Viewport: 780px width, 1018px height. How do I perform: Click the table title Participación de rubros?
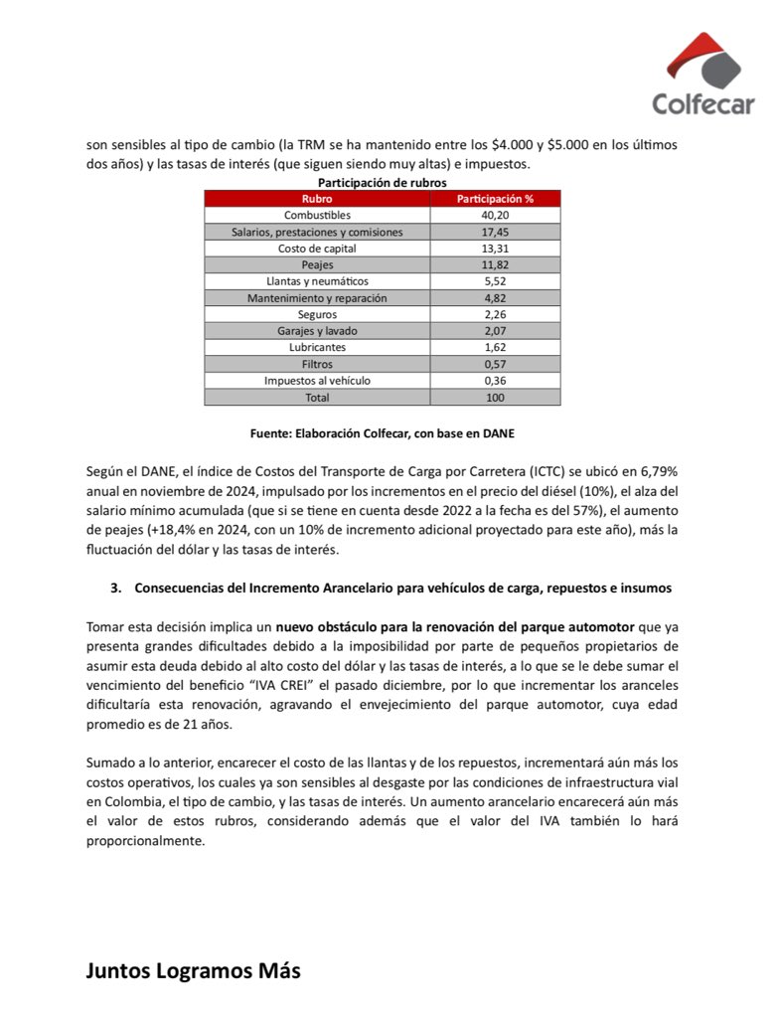point(382,183)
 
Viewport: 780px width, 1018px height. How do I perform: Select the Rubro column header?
point(316,199)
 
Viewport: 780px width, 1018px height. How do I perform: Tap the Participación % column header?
point(494,199)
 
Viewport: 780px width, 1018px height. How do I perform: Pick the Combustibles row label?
point(316,215)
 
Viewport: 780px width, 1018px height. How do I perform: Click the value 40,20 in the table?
point(494,215)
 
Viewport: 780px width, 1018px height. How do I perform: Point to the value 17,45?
point(494,232)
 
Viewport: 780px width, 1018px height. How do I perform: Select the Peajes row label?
point(316,264)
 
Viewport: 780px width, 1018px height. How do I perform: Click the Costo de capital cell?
point(316,248)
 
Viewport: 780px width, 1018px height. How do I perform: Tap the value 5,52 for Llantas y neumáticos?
point(494,281)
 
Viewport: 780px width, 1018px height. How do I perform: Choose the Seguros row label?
point(316,314)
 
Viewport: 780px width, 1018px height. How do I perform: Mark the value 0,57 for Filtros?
point(494,364)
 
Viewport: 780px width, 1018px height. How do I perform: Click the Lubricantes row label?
point(316,348)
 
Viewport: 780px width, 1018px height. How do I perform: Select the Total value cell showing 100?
point(494,398)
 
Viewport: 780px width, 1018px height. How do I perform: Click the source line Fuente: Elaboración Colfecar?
point(382,433)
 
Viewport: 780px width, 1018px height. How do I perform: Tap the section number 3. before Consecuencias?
point(115,589)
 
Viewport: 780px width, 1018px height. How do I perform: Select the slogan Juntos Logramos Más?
point(193,970)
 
